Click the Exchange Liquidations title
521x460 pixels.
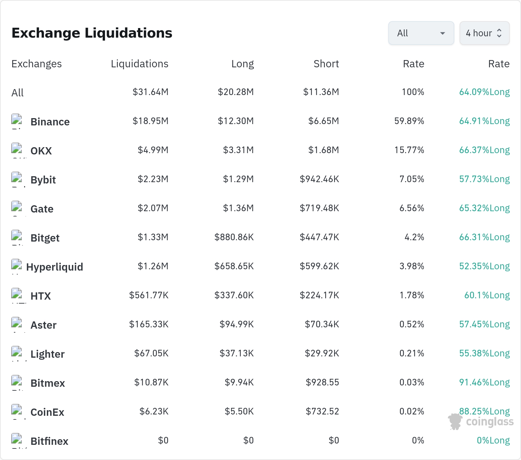click(x=92, y=33)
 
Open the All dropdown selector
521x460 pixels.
click(x=421, y=33)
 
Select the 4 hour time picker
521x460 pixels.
click(x=484, y=33)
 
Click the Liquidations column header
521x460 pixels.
click(x=140, y=64)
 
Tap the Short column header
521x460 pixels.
click(x=326, y=64)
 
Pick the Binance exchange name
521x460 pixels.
click(x=50, y=122)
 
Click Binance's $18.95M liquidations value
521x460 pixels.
click(x=151, y=121)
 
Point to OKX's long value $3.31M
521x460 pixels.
click(x=238, y=150)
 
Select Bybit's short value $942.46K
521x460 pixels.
click(x=319, y=179)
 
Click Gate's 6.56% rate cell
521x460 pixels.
click(x=412, y=208)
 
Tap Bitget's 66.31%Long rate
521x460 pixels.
click(x=484, y=237)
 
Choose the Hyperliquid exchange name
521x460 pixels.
click(x=54, y=267)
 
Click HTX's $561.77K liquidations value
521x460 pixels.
click(x=149, y=295)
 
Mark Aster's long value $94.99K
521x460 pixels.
click(x=237, y=324)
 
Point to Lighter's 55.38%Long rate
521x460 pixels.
click(x=484, y=353)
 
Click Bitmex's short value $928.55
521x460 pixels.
click(x=322, y=382)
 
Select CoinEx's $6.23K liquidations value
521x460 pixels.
click(x=154, y=411)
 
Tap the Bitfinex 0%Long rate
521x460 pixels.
click(x=493, y=440)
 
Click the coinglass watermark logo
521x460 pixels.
click(x=481, y=422)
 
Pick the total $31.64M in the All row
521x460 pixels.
click(x=151, y=92)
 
